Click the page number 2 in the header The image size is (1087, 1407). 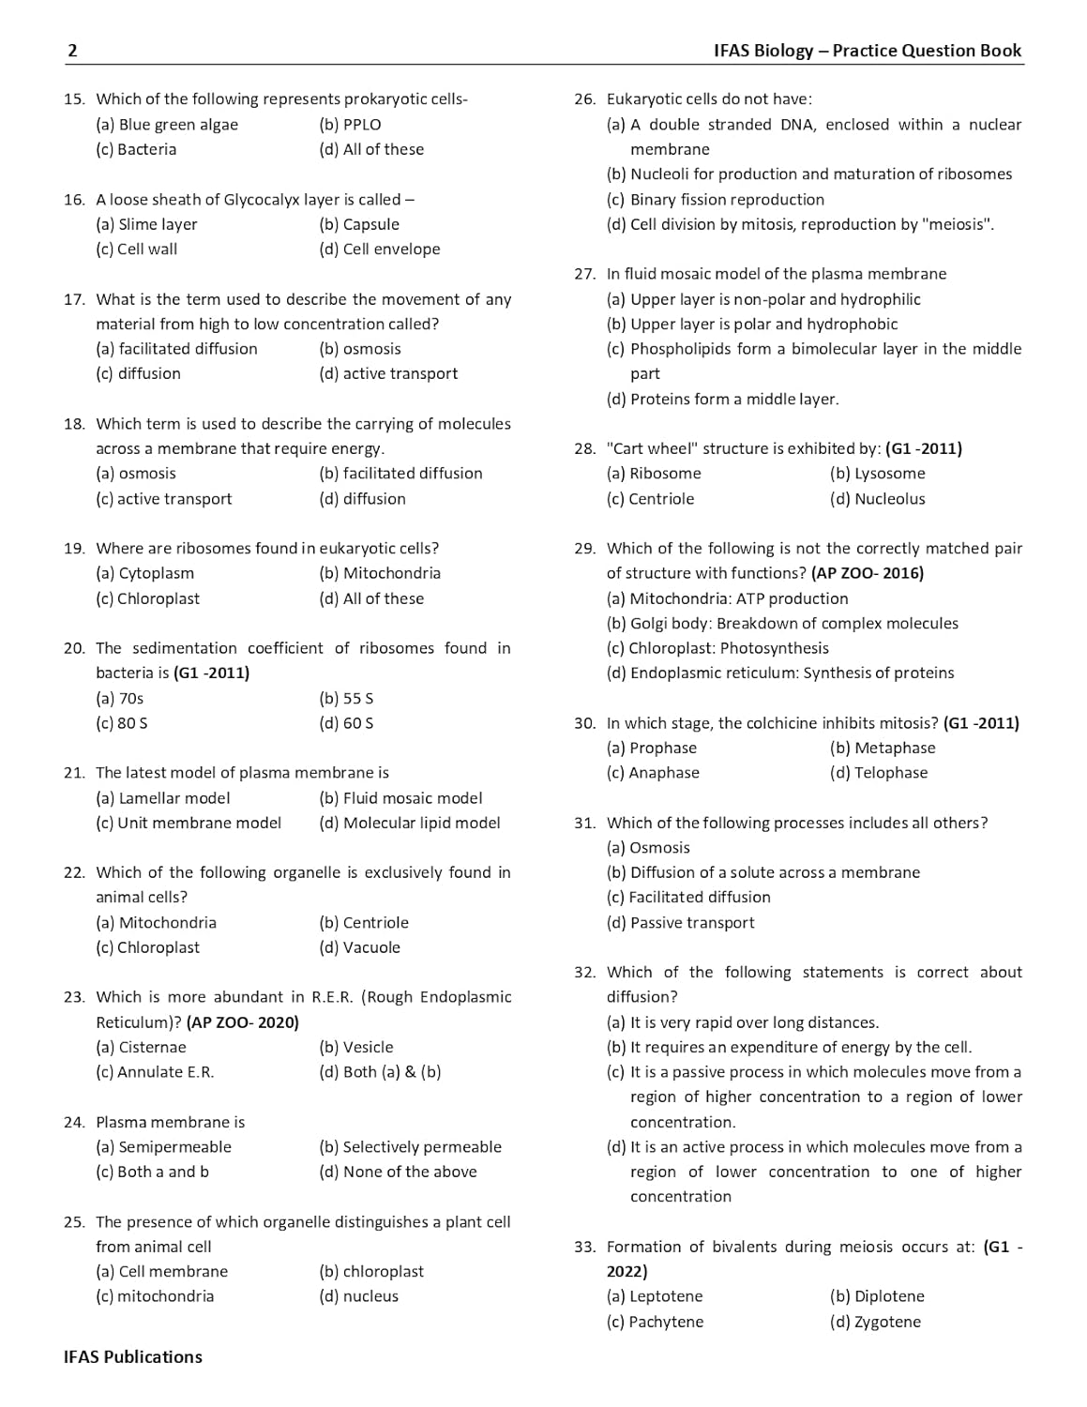tap(72, 52)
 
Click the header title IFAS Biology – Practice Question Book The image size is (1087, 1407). tap(867, 51)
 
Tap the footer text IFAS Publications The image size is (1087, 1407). tap(132, 1356)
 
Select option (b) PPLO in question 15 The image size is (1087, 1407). tap(350, 125)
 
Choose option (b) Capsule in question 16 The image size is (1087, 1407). tap(359, 224)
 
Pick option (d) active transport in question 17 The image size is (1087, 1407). tap(388, 373)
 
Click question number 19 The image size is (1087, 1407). tap(74, 549)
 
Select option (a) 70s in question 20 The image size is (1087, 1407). tap(119, 698)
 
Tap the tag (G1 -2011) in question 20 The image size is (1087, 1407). tap(212, 673)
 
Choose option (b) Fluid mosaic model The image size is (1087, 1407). tap(400, 798)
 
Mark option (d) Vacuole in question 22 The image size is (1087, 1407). tap(359, 947)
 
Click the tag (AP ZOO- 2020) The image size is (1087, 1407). tap(243, 1022)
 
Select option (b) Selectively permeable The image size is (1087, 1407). tap(410, 1147)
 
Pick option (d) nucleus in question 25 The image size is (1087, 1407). tap(358, 1296)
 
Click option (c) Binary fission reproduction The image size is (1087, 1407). tap(716, 200)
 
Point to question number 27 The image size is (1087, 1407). tap(584, 274)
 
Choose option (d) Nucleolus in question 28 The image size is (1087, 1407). tap(877, 499)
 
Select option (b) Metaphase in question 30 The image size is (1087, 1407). tap(883, 748)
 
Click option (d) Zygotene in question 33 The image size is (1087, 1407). tap(875, 1322)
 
